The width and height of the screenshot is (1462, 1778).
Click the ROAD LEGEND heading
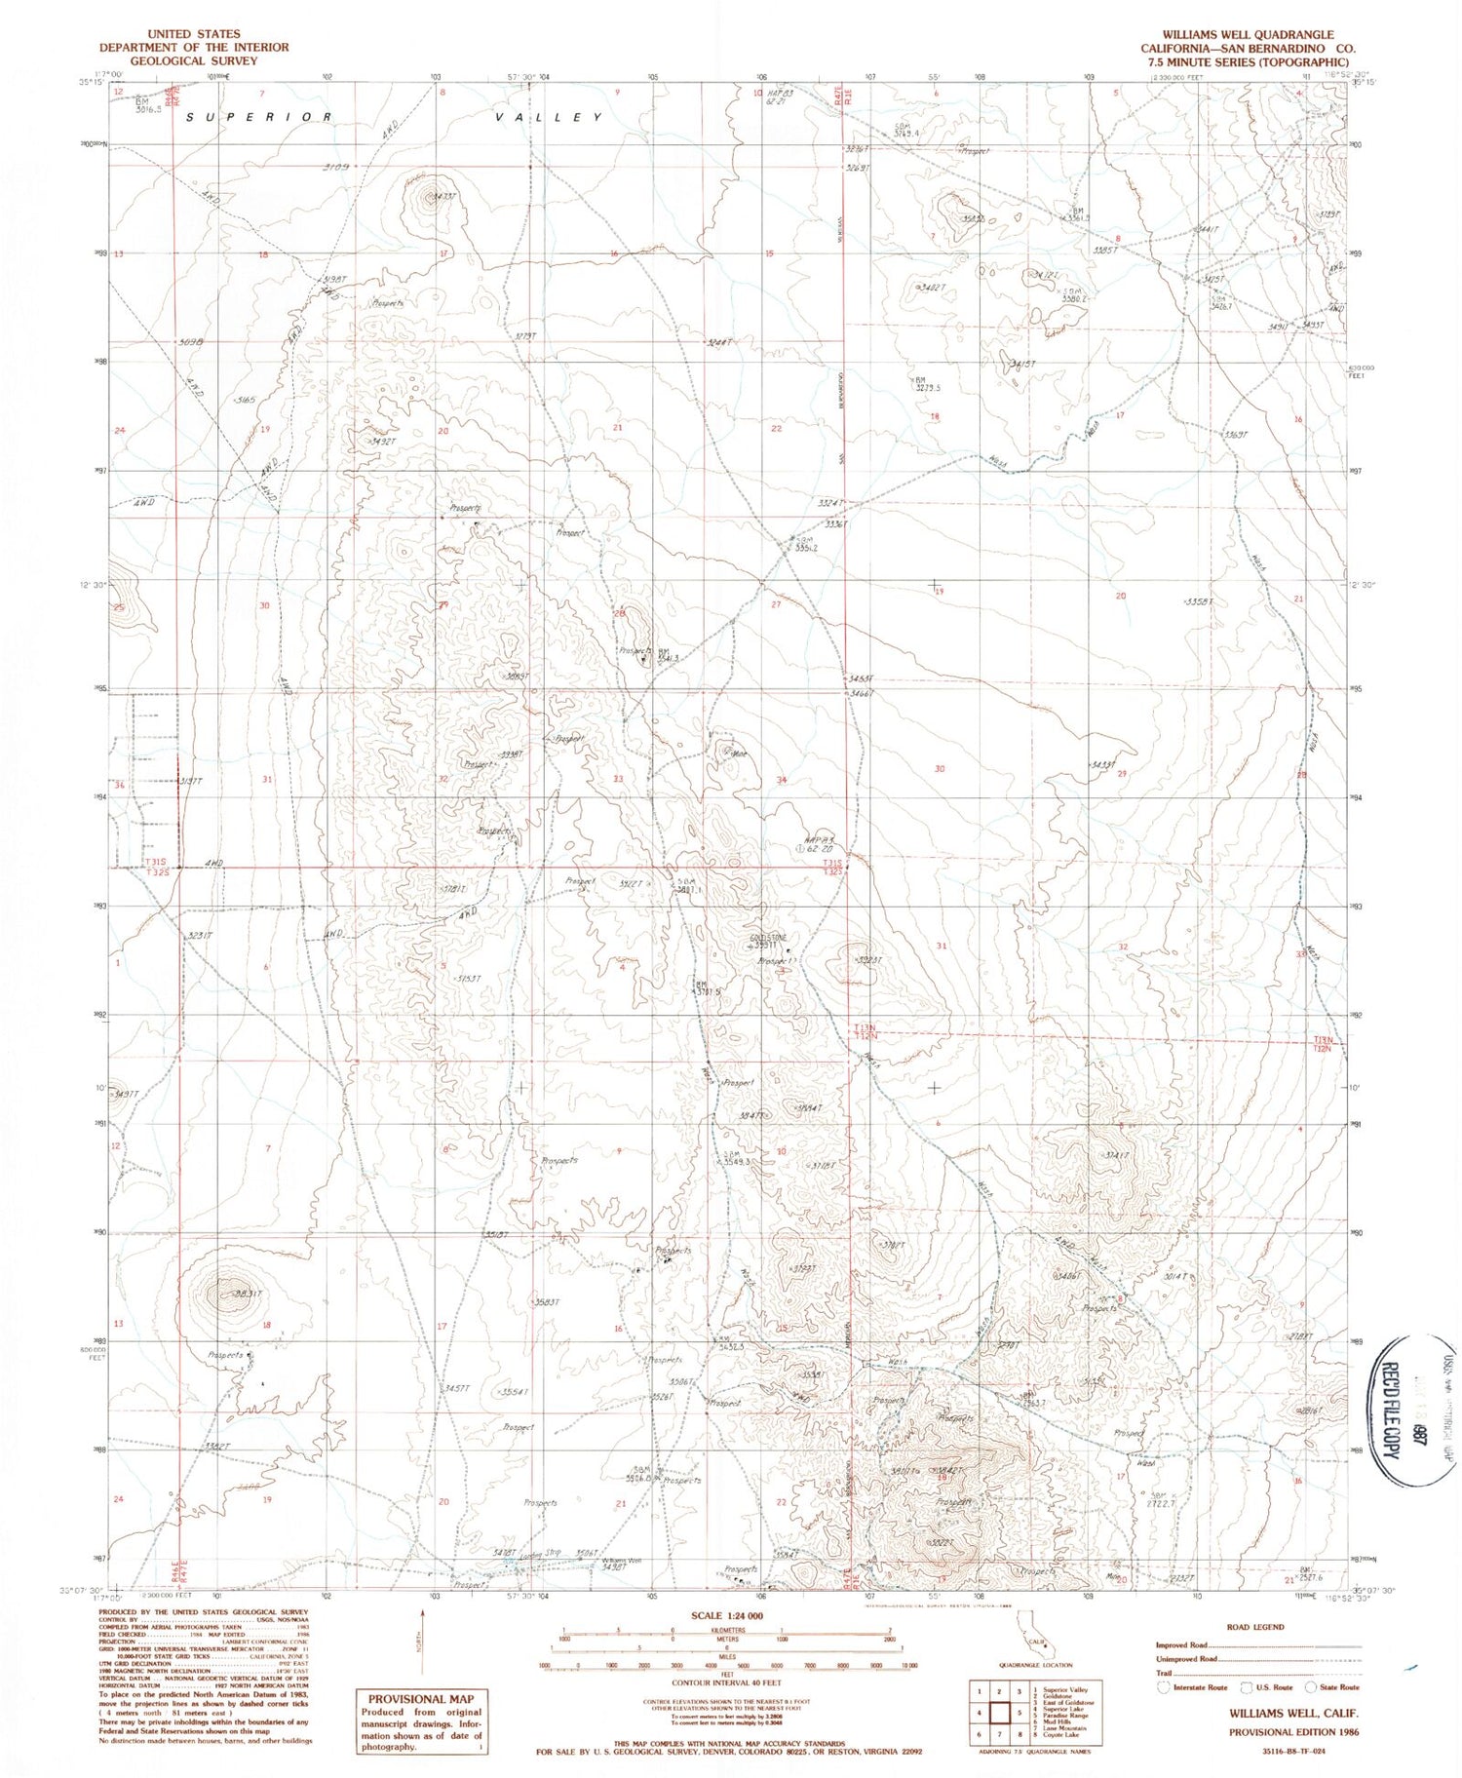1256,1626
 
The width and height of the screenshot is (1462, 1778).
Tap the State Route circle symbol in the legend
1312,1687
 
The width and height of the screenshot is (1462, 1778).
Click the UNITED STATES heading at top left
193,34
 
